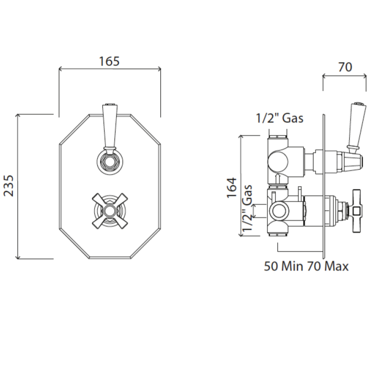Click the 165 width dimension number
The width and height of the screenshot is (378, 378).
point(110,61)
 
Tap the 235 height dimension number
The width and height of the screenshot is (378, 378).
point(9,186)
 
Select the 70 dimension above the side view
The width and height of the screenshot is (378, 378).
point(345,67)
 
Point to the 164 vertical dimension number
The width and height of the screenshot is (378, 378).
point(232,188)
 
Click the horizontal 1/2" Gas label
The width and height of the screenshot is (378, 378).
point(279,118)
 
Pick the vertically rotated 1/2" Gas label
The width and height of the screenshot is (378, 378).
point(248,208)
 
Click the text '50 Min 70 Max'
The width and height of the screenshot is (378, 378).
point(306,266)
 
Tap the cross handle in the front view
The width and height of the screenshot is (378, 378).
point(110,211)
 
